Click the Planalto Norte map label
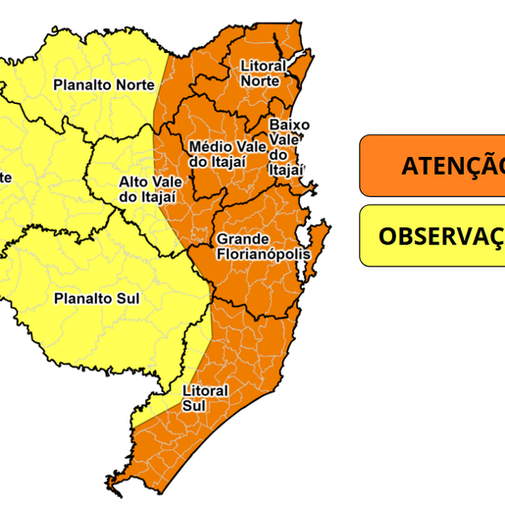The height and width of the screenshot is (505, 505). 103,85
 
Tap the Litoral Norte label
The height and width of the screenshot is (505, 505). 263,74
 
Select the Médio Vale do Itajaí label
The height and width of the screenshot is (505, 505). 225,154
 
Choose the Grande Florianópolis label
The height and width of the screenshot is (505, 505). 262,247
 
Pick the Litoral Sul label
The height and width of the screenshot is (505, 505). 205,397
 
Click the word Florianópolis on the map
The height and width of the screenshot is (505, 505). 264,254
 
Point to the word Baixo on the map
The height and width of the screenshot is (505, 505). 289,126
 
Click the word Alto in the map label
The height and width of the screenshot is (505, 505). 134,182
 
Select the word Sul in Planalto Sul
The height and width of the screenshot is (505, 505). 126,298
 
